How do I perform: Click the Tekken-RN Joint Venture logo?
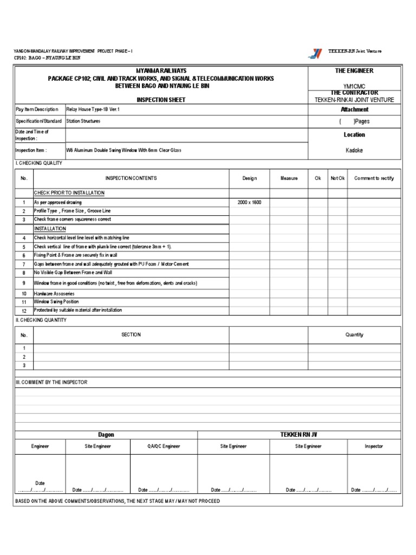[x=315, y=53]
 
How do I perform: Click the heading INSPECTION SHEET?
[x=160, y=100]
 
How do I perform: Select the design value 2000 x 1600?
[x=249, y=202]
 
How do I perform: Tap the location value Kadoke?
[x=354, y=150]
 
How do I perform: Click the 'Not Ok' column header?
[x=337, y=178]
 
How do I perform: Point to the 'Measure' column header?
[x=289, y=178]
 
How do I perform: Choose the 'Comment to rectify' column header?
[x=374, y=178]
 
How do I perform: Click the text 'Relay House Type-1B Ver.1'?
[x=93, y=109]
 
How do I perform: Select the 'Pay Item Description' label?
[x=37, y=109]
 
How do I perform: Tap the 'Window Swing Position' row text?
[x=56, y=301]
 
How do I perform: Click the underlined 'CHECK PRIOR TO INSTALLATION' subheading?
[x=69, y=193]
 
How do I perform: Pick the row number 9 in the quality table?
[x=24, y=283]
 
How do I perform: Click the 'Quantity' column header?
[x=354, y=335]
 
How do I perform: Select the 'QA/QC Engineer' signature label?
[x=164, y=446]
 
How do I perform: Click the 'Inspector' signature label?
[x=374, y=446]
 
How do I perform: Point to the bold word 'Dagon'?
[x=106, y=435]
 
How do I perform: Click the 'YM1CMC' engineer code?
[x=354, y=86]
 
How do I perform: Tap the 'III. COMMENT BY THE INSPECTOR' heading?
[x=51, y=382]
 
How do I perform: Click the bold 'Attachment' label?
[x=354, y=109]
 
